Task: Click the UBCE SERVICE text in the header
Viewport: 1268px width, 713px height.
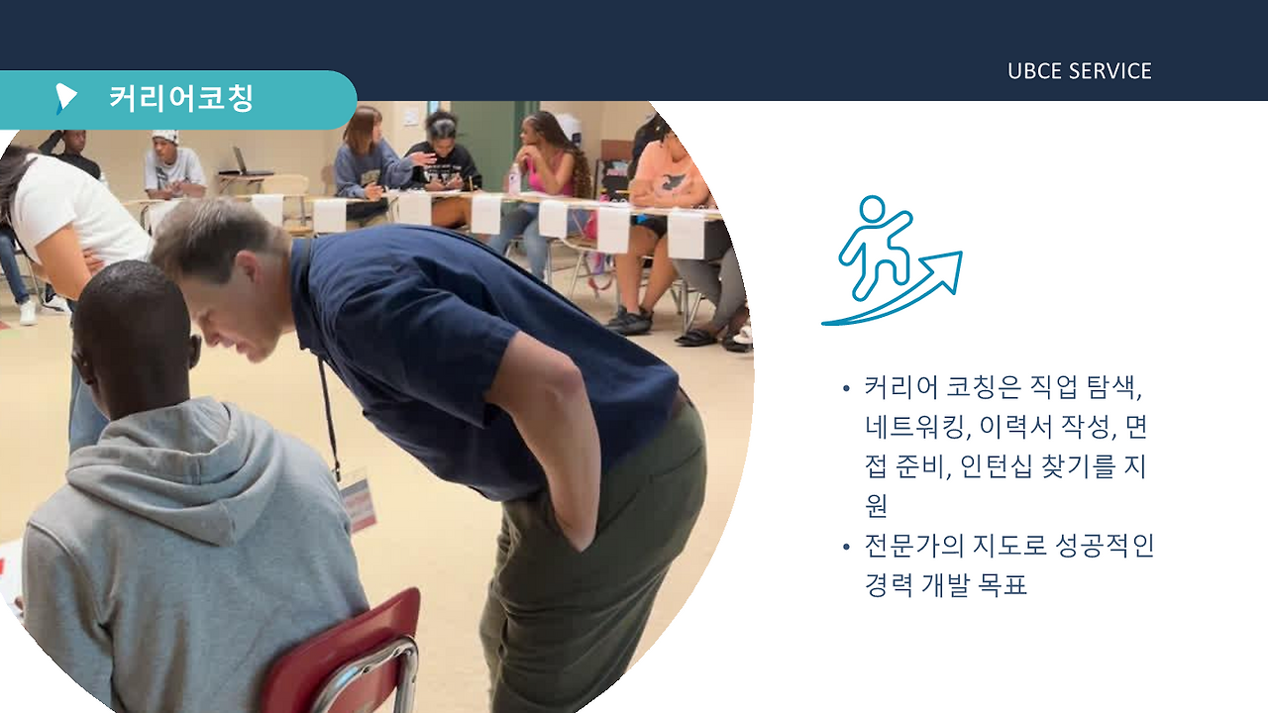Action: pyautogui.click(x=1079, y=71)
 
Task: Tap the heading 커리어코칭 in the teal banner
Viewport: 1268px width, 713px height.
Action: pyautogui.click(x=181, y=98)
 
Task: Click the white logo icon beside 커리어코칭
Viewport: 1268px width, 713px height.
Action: pyautogui.click(x=66, y=97)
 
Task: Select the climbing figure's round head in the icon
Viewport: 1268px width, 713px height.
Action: pyautogui.click(x=872, y=210)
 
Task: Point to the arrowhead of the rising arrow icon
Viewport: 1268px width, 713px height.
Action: pyautogui.click(x=948, y=268)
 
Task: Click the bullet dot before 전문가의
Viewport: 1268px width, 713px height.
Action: pyautogui.click(x=845, y=547)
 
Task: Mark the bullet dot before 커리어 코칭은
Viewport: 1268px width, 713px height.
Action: pyautogui.click(x=845, y=388)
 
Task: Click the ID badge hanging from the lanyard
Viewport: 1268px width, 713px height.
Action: pyautogui.click(x=357, y=500)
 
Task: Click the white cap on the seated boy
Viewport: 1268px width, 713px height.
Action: pyautogui.click(x=165, y=136)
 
